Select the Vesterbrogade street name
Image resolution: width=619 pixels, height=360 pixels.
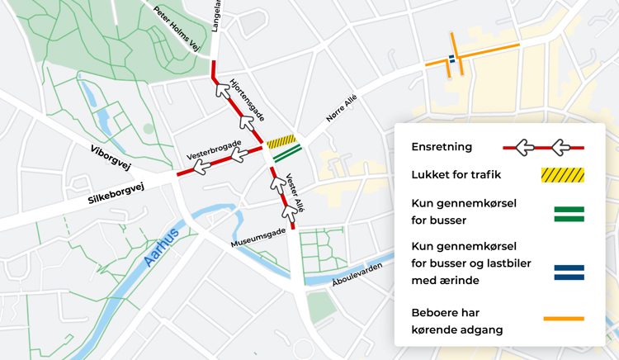point(214,149)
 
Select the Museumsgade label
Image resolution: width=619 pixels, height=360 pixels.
point(258,238)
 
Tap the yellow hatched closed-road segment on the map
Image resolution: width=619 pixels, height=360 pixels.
point(281,142)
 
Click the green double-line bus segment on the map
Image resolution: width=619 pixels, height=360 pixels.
point(287,154)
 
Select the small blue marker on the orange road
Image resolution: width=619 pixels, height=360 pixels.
point(451,58)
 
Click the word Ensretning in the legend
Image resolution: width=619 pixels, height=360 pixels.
point(442,147)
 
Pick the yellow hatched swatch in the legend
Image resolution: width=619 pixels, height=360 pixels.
point(562,175)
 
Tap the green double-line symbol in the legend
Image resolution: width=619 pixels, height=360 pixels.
point(569,214)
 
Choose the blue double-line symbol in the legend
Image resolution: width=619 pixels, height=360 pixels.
point(569,272)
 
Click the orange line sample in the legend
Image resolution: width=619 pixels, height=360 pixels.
point(564,318)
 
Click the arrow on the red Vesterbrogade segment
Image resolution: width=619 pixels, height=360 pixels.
point(201,168)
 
